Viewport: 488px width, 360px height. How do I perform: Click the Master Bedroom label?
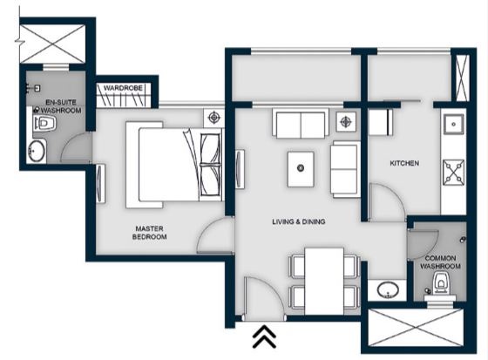point(149,233)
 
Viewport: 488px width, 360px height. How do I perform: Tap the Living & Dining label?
point(298,221)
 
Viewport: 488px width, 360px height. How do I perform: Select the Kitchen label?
point(404,163)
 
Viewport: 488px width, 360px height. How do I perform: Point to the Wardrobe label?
point(123,88)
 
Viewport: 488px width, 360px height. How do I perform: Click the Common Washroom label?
point(440,262)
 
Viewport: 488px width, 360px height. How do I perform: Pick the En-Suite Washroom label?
point(61,106)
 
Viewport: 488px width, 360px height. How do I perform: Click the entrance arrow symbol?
point(264,336)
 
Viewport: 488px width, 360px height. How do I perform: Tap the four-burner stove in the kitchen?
point(453,171)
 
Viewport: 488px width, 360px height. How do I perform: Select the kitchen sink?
point(453,124)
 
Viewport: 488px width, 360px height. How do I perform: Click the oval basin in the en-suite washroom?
point(36,151)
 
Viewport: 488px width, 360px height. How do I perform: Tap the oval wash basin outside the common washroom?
point(388,290)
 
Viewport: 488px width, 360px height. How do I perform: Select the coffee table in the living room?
point(301,169)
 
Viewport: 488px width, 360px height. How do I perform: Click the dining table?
point(324,282)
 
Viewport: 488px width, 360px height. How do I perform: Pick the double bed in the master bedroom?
point(175,165)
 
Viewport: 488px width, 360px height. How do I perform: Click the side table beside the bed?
point(213,118)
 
